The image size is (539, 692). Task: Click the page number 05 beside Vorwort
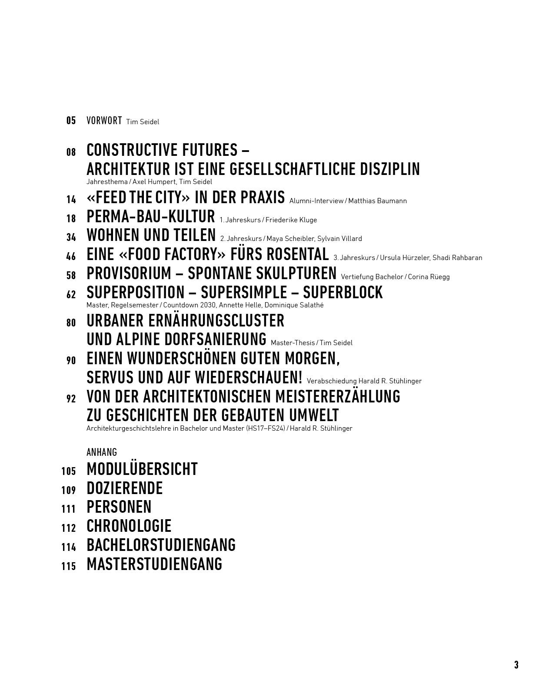click(x=71, y=121)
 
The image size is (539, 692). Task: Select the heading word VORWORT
click(x=104, y=121)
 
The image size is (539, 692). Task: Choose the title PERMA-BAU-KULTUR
click(x=151, y=217)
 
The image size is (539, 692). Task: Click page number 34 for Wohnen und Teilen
click(x=71, y=237)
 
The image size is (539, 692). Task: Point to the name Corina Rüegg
click(x=429, y=277)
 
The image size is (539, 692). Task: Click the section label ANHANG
click(x=102, y=452)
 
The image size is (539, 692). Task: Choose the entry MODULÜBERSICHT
click(x=142, y=469)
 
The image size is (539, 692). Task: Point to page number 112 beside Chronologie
click(x=69, y=528)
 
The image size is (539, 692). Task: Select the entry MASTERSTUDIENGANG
click(x=154, y=564)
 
